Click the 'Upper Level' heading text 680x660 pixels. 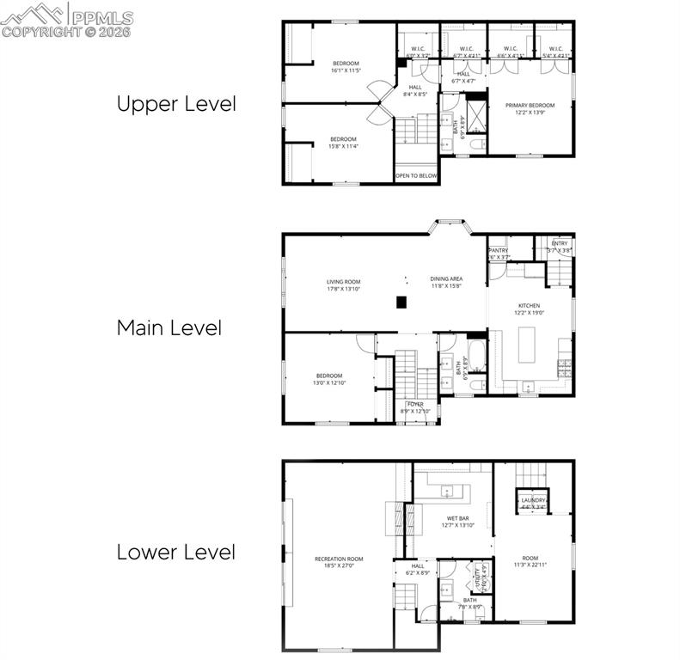pyautogui.click(x=175, y=104)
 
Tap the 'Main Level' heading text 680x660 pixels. pyautogui.click(x=168, y=327)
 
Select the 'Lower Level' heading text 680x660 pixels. pyautogui.click(x=175, y=552)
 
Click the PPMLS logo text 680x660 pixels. pyautogui.click(x=101, y=17)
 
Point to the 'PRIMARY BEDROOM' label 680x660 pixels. pyautogui.click(x=530, y=105)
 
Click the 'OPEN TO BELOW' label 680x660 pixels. pyautogui.click(x=416, y=175)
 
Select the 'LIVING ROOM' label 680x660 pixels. pyautogui.click(x=343, y=281)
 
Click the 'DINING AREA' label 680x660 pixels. pyautogui.click(x=446, y=278)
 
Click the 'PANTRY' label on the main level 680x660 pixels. pyautogui.click(x=499, y=250)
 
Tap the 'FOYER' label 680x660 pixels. pyautogui.click(x=415, y=404)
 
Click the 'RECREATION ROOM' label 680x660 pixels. pyautogui.click(x=339, y=559)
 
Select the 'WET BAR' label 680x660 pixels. pyautogui.click(x=456, y=519)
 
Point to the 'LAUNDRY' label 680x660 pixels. pyautogui.click(x=533, y=500)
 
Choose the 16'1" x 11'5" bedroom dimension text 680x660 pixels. pyautogui.click(x=346, y=70)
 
